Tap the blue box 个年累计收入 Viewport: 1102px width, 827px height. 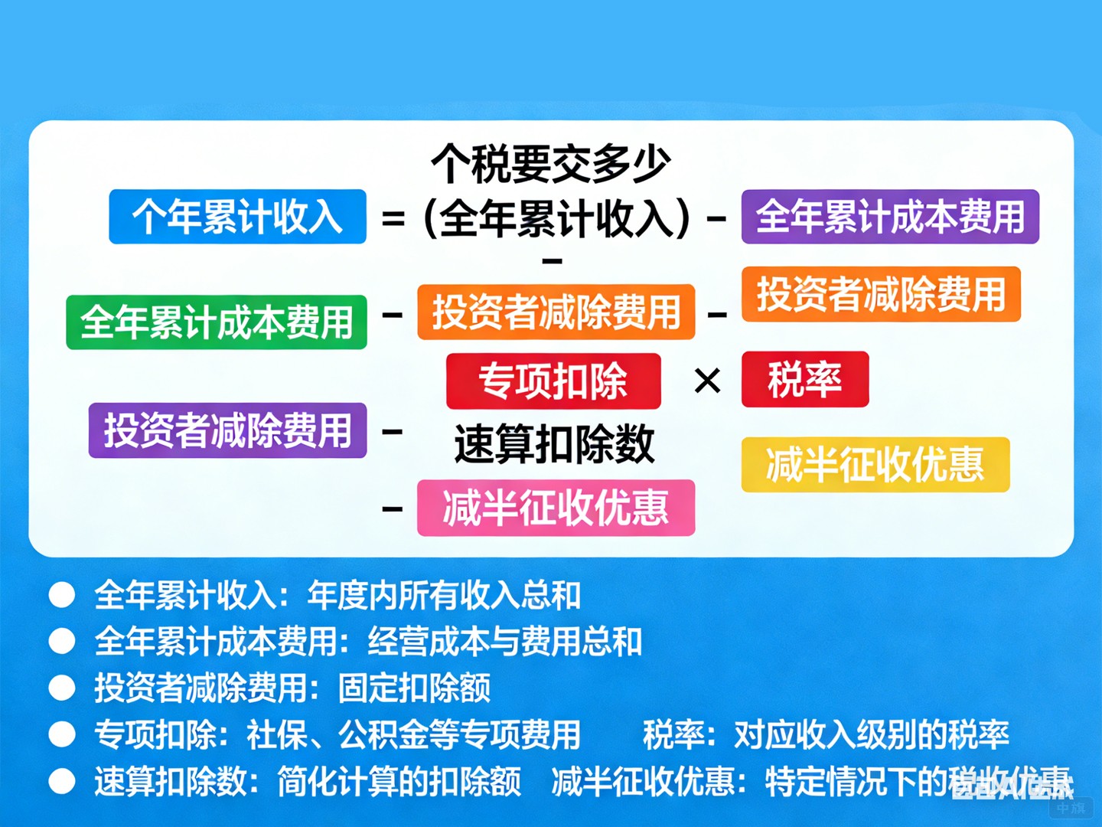point(237,217)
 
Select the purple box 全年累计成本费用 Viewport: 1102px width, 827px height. point(890,217)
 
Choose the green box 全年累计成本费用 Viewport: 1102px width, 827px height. point(217,322)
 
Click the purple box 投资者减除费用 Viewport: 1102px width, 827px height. point(227,430)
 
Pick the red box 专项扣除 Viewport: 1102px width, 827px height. point(553,381)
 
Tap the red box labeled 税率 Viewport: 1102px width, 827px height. point(805,379)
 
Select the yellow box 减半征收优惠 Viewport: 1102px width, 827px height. point(875,465)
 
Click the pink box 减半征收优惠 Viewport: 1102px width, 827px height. point(556,508)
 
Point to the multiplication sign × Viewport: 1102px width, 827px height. point(707,381)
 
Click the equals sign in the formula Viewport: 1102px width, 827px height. point(393,219)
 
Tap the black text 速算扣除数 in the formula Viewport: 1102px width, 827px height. point(554,444)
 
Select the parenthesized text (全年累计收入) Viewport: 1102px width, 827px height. point(557,219)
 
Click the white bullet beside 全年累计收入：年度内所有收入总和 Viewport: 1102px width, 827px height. point(62,595)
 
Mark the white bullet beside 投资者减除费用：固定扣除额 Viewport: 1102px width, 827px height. point(62,688)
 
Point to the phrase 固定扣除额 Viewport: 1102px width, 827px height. point(414,688)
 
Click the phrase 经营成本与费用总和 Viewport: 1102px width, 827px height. point(505,642)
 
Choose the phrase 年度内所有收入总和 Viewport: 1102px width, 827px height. point(444,595)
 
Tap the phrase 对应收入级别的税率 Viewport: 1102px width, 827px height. point(872,734)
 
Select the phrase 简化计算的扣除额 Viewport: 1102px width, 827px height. point(399,781)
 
